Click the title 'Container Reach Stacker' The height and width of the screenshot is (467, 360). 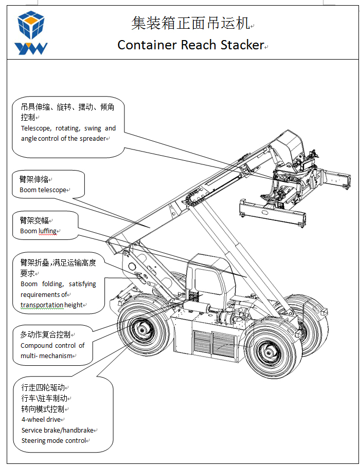pos(190,45)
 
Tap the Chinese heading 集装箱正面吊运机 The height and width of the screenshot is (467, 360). pos(190,23)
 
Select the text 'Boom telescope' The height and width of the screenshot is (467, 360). pos(43,190)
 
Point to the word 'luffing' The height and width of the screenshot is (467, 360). pos(48,231)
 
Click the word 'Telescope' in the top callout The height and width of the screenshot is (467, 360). pos(35,128)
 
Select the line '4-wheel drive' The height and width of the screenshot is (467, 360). pos(41,420)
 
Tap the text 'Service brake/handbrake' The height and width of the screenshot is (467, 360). pos(58,431)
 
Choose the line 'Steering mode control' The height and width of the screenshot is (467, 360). pos(53,441)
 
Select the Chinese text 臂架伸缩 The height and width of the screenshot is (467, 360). pos(34,179)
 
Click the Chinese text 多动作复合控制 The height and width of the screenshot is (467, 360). pos(45,334)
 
